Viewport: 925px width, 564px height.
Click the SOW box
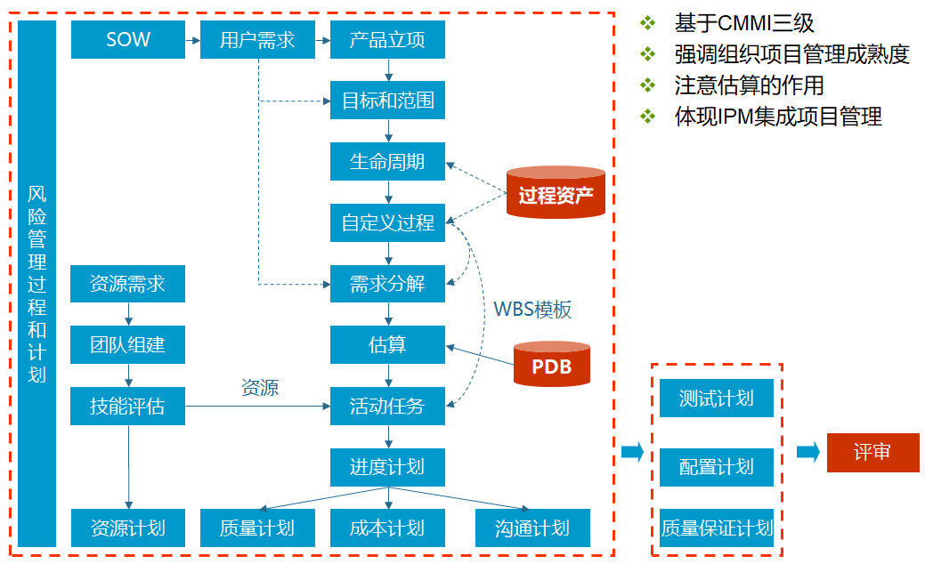(x=128, y=40)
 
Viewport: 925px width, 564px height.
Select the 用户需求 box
(x=257, y=40)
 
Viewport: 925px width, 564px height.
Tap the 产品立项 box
(x=387, y=40)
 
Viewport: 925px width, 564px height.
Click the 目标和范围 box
(x=387, y=101)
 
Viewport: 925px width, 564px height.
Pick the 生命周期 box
(x=387, y=162)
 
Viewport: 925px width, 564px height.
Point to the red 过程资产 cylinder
(x=556, y=194)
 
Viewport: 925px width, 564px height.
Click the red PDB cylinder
(x=552, y=365)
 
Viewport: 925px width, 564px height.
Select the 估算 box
(x=387, y=344)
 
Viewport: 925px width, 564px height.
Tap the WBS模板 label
(x=532, y=309)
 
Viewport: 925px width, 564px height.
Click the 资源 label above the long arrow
(x=259, y=387)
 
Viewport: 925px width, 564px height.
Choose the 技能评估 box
(x=128, y=406)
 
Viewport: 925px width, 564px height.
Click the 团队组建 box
(x=128, y=344)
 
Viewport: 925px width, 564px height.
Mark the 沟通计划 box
(x=532, y=528)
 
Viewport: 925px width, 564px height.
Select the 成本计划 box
(x=387, y=528)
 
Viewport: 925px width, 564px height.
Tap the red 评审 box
(x=872, y=452)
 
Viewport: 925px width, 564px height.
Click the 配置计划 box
(x=717, y=467)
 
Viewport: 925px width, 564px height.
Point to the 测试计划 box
(x=717, y=398)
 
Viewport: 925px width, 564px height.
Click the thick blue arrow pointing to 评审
(x=807, y=452)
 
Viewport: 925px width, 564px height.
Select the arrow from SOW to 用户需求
(x=192, y=40)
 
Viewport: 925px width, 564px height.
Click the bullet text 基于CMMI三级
(x=743, y=23)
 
